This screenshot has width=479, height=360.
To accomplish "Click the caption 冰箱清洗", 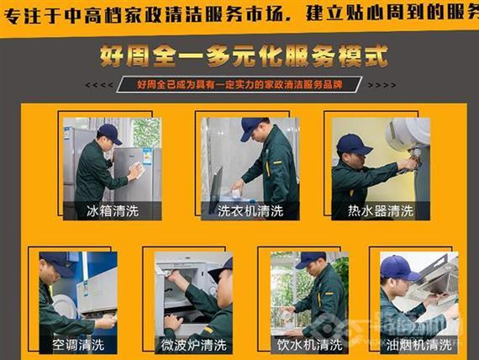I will click(111, 210).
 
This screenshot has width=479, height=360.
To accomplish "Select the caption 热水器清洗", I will click(381, 210).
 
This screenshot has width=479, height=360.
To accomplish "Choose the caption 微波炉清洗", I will click(193, 345).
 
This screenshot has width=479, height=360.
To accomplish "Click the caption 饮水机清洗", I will click(309, 345).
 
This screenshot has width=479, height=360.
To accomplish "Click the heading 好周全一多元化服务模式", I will click(243, 58).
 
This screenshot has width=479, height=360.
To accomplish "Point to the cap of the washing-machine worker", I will click(252, 127).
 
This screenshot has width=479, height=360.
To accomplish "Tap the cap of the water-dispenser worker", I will click(310, 259).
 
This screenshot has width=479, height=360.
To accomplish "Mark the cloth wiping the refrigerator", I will click(134, 171).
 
